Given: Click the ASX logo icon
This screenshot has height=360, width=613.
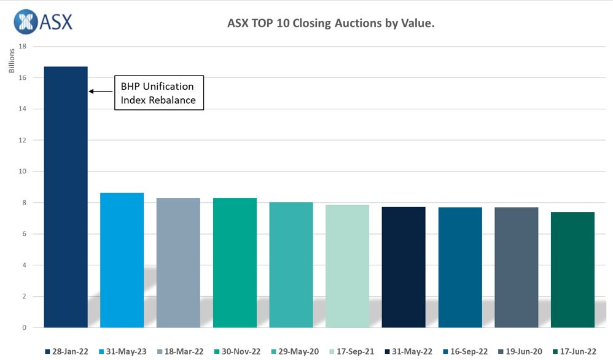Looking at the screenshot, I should point(25,22).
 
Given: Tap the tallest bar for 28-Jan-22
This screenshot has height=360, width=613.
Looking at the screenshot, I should point(66,197).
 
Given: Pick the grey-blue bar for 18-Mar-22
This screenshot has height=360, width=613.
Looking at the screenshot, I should point(178,262).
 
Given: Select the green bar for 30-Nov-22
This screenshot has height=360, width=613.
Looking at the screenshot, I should point(235,262).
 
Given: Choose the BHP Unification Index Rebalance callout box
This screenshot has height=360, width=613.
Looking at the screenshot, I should point(158,93).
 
